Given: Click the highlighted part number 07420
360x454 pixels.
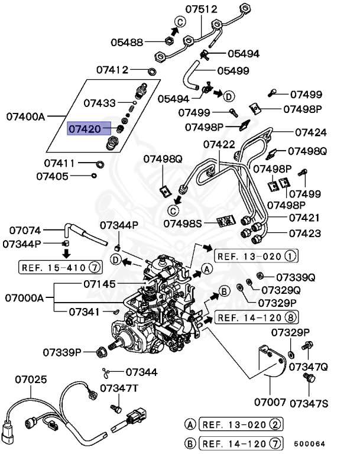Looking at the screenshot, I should click(x=85, y=128).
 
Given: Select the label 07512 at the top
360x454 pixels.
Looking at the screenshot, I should click(x=201, y=9).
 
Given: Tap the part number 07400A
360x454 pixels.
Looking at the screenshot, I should click(x=26, y=116).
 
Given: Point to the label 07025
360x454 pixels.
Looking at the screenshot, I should click(x=31, y=379).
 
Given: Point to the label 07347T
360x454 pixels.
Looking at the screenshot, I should click(x=119, y=388).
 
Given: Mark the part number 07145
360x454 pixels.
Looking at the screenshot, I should click(x=99, y=284).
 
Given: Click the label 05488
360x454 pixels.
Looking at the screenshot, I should click(x=127, y=42).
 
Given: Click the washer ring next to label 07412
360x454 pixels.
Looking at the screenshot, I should click(x=152, y=72).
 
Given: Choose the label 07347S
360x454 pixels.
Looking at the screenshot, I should click(x=308, y=403).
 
